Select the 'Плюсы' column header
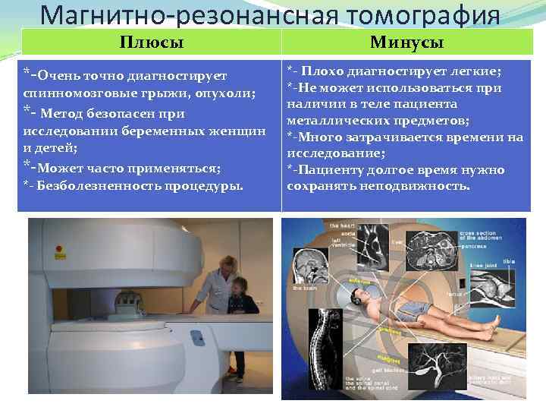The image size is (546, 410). pyautogui.click(x=152, y=43)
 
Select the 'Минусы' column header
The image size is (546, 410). pyautogui.click(x=406, y=43)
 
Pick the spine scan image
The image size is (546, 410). pyautogui.click(x=311, y=348)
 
